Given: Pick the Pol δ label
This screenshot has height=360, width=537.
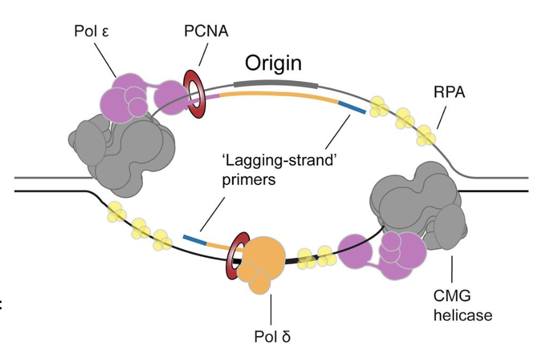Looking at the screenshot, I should pyautogui.click(x=272, y=338).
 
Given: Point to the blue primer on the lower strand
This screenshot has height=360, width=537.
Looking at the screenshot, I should pyautogui.click(x=194, y=239).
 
